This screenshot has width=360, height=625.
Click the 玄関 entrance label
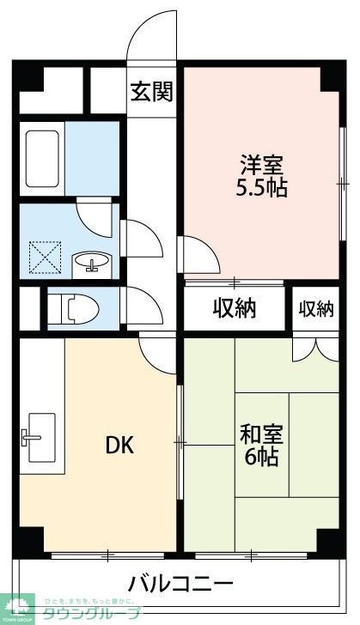pyautogui.click(x=151, y=91)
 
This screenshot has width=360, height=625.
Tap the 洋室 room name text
pyautogui.click(x=261, y=163)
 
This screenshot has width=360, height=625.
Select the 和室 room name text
pyautogui.click(x=261, y=434)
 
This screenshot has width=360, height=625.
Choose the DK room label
pyautogui.click(x=119, y=446)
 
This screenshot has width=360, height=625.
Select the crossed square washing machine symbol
pyautogui.click(x=42, y=256)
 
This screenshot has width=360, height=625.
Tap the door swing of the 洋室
pyautogui.click(x=197, y=252)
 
